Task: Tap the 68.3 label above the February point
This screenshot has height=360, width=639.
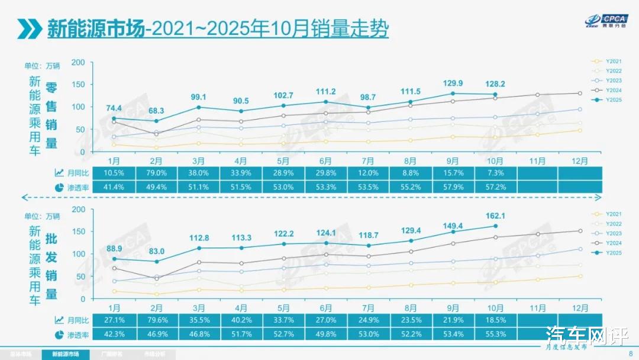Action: (156, 111)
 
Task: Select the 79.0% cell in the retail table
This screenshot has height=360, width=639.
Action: (156, 173)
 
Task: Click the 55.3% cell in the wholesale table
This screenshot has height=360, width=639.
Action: (495, 334)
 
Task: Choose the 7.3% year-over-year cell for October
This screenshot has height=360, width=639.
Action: (495, 173)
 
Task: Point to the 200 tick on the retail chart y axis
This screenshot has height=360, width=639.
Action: (79, 62)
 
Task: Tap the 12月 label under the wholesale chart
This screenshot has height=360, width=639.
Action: (580, 308)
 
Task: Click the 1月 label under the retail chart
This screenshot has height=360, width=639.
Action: (114, 161)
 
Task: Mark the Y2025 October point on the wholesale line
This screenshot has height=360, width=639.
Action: (495, 226)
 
